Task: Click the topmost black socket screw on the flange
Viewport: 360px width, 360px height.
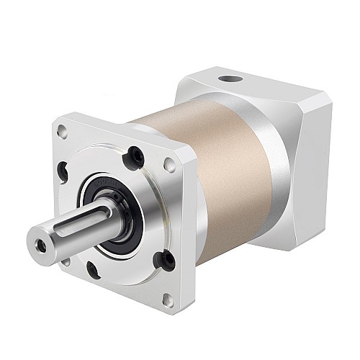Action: click(133, 153)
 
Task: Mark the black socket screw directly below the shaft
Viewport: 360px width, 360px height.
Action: click(93, 270)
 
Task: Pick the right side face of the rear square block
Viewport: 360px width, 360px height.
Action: click(310, 158)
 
